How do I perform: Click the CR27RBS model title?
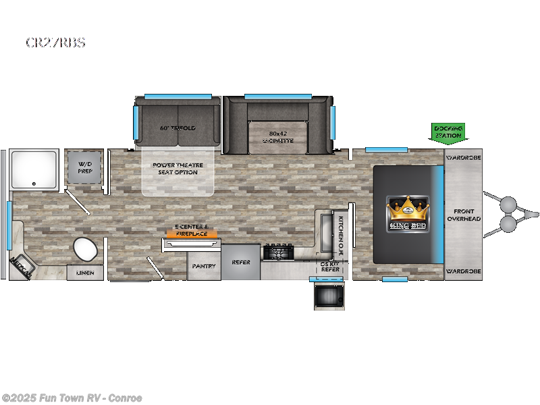tap(56, 43)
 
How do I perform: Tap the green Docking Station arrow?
tap(448, 132)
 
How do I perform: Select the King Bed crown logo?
tap(408, 213)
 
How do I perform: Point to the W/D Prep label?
tap(84, 167)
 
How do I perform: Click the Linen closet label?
tap(85, 273)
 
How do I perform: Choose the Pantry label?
tap(203, 266)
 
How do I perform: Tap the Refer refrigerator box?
tap(241, 263)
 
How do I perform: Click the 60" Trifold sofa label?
tap(178, 128)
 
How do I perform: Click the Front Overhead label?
tap(463, 215)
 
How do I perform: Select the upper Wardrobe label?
tap(463, 159)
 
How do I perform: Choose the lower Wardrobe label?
tap(463, 271)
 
